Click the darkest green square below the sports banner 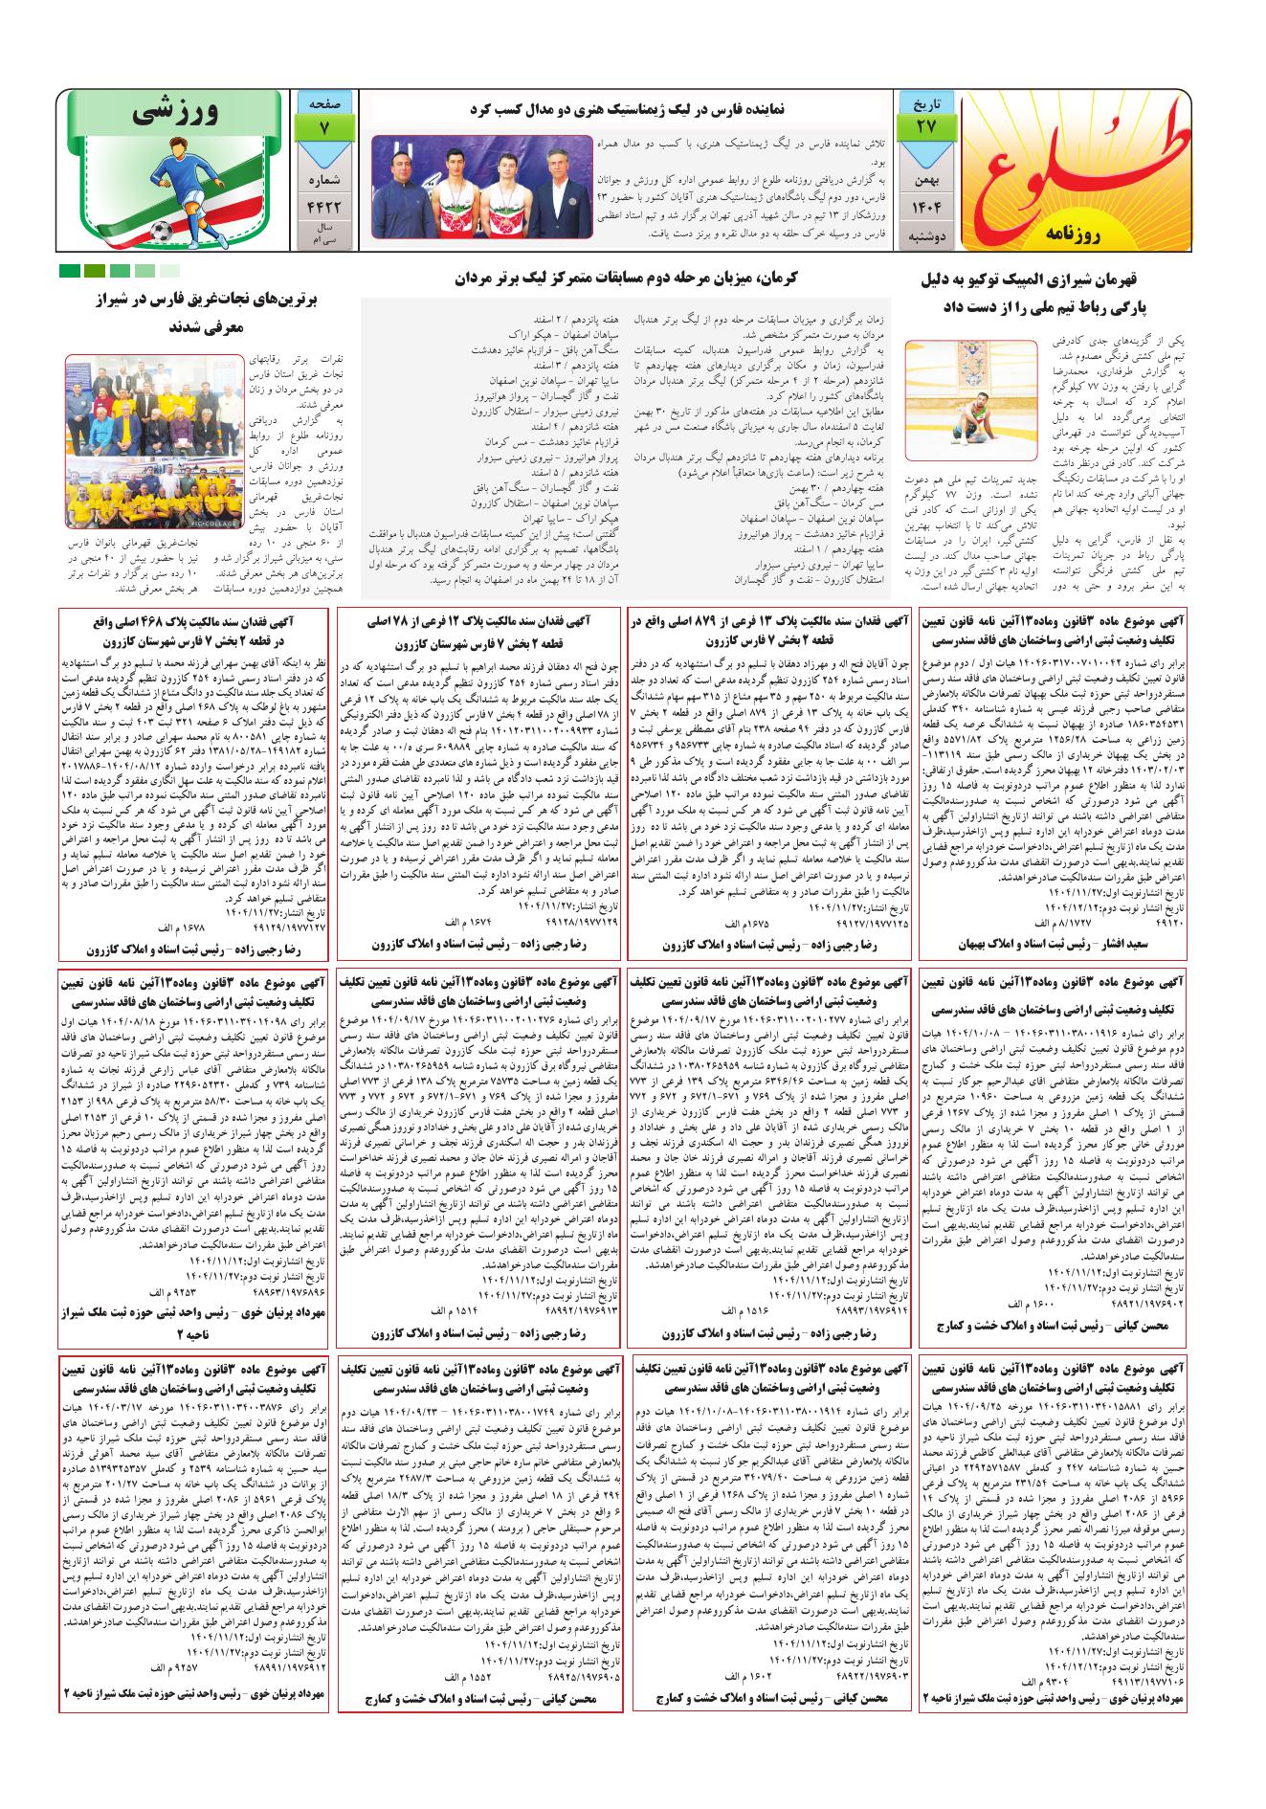point(69,271)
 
